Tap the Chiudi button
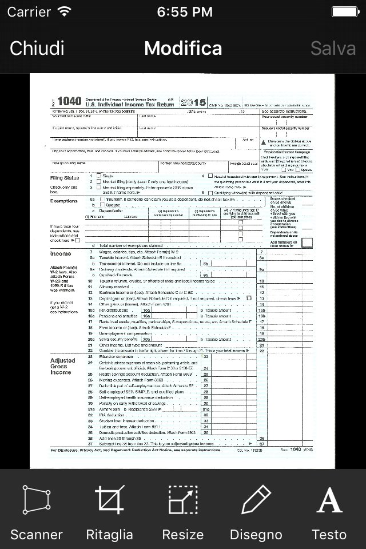point(37,48)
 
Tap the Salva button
point(333,48)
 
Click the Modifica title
point(183,48)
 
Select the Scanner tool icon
point(36,500)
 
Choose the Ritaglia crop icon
point(109,500)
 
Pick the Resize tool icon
point(183,500)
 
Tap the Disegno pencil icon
point(256,500)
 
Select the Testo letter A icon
point(329,500)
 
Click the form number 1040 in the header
point(69,101)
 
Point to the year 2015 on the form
point(193,102)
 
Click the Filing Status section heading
point(64,178)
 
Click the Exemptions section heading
point(64,201)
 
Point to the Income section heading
point(61,253)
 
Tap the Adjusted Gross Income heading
point(63,366)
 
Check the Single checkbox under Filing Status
point(99,176)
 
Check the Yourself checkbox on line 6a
point(102,199)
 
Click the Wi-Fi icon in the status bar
point(65,11)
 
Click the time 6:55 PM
point(183,11)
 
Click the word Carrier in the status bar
point(29,11)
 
